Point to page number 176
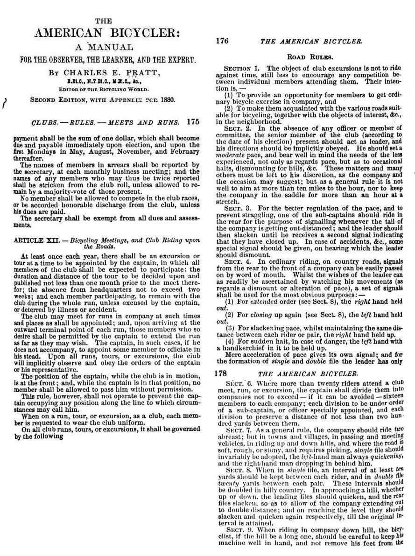[x=222, y=41]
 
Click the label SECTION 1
[x=241, y=69]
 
